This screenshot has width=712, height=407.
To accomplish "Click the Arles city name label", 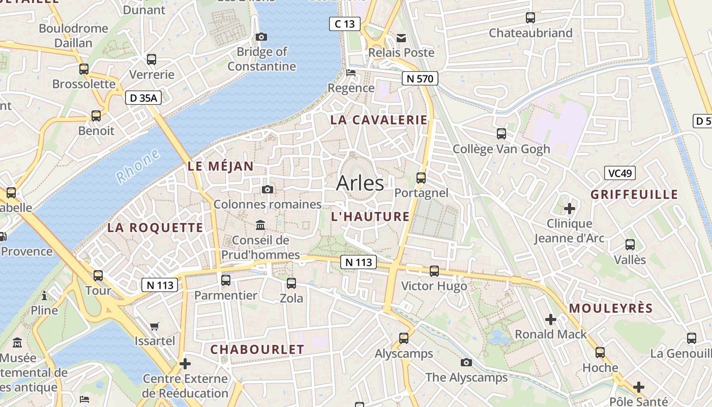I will (x=360, y=183).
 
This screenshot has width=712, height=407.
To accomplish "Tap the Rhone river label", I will (x=138, y=166).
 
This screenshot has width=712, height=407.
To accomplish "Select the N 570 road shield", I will (x=420, y=78).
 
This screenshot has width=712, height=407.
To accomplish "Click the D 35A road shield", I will (x=143, y=98).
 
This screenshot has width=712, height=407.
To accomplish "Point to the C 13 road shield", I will (x=344, y=24).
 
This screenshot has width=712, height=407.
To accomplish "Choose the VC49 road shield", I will (x=620, y=173).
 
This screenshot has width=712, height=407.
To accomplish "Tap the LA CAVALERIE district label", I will (x=379, y=120).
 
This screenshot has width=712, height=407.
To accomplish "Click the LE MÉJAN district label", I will (x=220, y=166).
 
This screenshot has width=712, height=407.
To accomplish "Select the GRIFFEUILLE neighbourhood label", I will (x=634, y=194).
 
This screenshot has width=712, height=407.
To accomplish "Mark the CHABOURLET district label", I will (x=257, y=350).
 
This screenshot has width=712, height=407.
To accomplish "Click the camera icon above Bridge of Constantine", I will (x=261, y=37).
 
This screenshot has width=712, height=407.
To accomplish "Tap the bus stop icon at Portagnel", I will (x=421, y=178).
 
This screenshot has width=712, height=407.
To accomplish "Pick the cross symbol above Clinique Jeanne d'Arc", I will (x=570, y=208).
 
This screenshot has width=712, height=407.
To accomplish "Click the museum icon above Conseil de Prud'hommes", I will (x=260, y=225).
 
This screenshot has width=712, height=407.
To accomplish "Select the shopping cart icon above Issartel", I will (x=155, y=326).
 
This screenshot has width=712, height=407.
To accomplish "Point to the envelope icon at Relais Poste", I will (x=401, y=38).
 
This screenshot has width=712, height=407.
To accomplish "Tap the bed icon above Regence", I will (x=351, y=73).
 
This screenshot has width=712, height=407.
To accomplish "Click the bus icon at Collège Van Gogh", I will (x=501, y=134).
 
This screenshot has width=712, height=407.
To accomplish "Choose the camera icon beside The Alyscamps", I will (x=466, y=362).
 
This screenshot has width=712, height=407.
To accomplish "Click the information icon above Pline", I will (x=44, y=295).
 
